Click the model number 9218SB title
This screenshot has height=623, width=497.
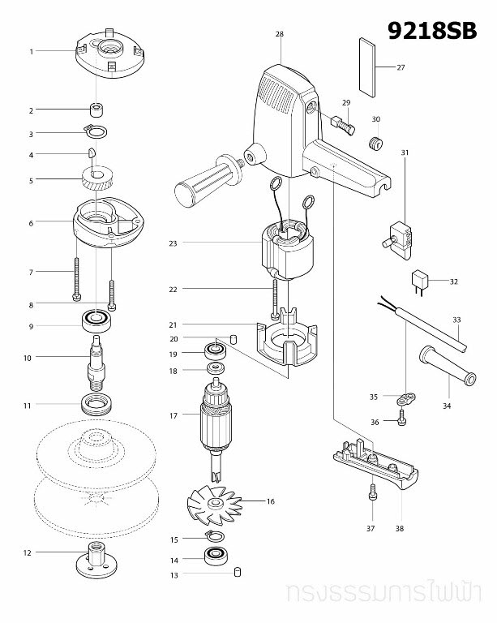pos(431,32)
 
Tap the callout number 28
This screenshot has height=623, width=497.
pos(279,34)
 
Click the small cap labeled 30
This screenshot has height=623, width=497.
pos(375,144)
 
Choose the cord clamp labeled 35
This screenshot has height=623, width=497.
pos(405,397)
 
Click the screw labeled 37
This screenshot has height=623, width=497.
pos(371,492)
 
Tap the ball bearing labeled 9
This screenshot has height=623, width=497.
pos(97,321)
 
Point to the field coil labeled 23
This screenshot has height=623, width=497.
pos(285,248)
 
